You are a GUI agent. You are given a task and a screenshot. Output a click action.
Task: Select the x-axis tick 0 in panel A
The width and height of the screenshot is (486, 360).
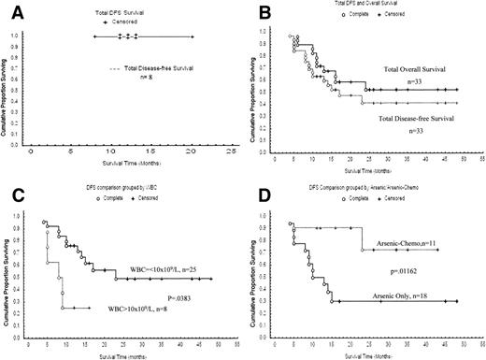point(31,151)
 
